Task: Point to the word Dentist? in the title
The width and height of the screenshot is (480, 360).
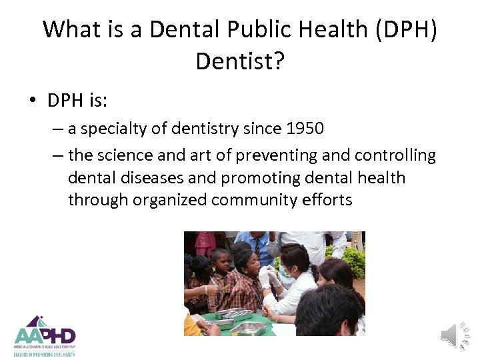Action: pos(240,61)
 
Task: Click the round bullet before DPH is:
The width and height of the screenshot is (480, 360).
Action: pos(32,101)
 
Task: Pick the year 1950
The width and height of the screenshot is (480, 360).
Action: pos(303,129)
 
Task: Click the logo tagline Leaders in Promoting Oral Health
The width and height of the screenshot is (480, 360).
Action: pos(45,355)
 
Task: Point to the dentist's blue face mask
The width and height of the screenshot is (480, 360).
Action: pos(286,272)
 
